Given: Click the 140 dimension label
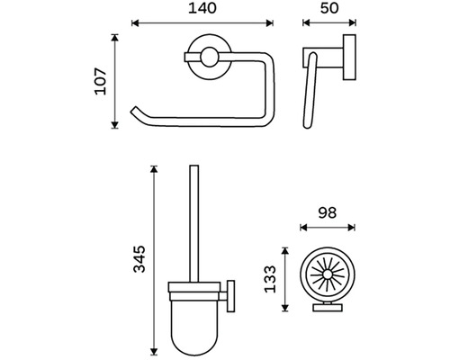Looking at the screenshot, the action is [x=202, y=8].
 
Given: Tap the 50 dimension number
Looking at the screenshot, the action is [x=329, y=8].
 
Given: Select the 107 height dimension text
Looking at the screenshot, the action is [x=101, y=82].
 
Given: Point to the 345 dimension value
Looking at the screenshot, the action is [x=139, y=259].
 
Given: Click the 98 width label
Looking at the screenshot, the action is [x=328, y=212].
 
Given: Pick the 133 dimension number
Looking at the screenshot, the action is [x=270, y=279].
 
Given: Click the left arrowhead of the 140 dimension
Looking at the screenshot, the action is [x=135, y=23].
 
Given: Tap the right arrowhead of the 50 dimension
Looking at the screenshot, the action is [x=353, y=22].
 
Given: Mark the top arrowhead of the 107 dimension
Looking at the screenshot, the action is [x=114, y=38].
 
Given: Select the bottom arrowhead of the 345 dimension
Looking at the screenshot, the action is [x=154, y=352].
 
